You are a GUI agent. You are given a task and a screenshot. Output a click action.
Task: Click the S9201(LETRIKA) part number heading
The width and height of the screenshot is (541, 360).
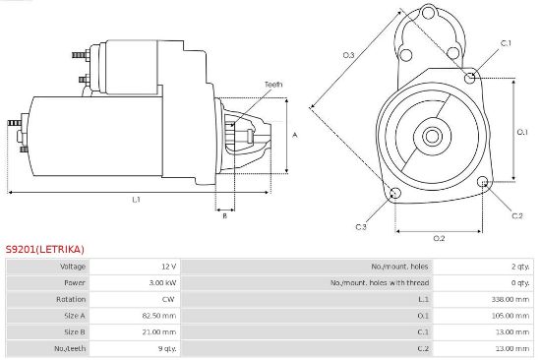(45, 249)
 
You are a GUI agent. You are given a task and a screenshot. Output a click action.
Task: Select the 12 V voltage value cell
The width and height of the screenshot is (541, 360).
(169, 267)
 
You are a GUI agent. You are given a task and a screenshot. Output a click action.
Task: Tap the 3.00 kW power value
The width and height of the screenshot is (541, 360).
(163, 283)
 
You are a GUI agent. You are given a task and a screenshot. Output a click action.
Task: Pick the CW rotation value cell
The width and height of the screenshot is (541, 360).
(168, 299)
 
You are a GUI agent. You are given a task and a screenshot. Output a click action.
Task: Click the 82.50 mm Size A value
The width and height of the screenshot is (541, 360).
(159, 316)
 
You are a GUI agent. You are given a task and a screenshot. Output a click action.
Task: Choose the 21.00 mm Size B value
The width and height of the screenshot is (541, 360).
(159, 332)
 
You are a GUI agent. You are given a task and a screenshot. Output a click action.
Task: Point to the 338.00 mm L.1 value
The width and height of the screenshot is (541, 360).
(511, 299)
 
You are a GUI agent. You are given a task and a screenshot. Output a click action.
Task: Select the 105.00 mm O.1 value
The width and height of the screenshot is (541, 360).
(511, 316)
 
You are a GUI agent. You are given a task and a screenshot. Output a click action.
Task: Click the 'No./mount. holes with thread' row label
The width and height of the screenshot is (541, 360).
(380, 283)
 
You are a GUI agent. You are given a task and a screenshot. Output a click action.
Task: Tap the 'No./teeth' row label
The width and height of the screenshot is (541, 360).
(70, 348)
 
